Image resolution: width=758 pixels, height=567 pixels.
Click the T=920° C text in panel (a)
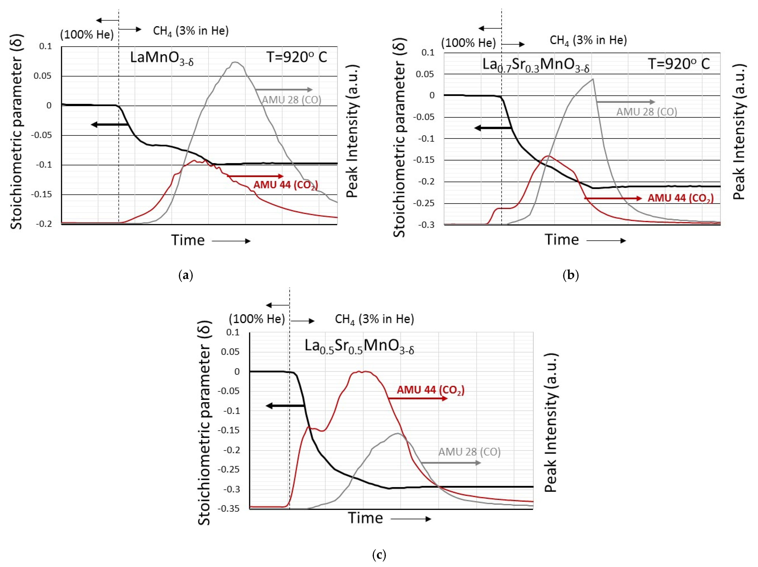pyautogui.click(x=297, y=57)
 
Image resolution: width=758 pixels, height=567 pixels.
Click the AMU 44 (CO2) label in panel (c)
pyautogui.click(x=430, y=390)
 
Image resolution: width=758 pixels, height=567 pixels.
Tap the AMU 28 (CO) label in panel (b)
pyautogui.click(x=647, y=112)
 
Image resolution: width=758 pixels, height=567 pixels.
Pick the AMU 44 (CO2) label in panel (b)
pyautogui.click(x=680, y=198)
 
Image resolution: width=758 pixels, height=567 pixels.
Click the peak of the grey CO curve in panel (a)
pyautogui.click(x=235, y=62)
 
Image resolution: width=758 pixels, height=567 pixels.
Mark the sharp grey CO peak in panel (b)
pyautogui.click(x=593, y=79)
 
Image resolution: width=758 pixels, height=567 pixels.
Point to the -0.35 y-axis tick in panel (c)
pyautogui.click(x=229, y=508)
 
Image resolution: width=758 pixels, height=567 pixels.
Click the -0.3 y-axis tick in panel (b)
pyautogui.click(x=426, y=225)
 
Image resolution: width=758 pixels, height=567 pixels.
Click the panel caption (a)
pyautogui.click(x=186, y=275)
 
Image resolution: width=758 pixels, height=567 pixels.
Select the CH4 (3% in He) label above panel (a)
pyautogui.click(x=190, y=31)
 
